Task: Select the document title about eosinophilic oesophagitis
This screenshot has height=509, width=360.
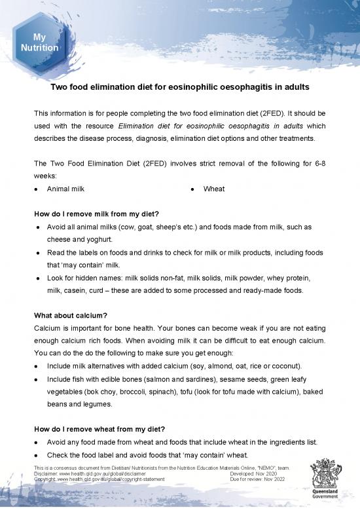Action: tap(180, 86)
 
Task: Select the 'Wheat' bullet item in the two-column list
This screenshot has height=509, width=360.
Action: tap(214, 189)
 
